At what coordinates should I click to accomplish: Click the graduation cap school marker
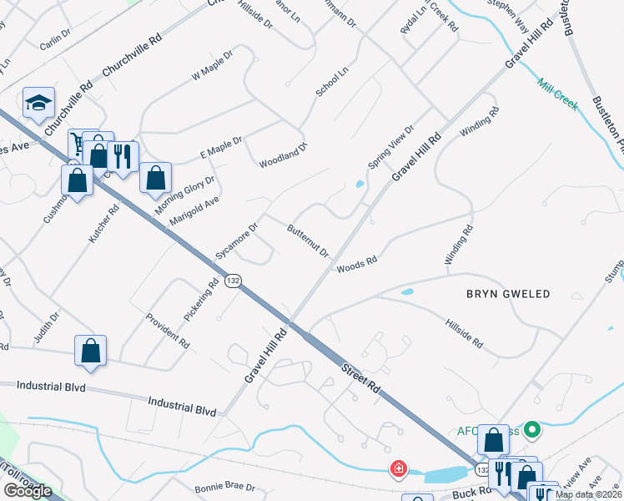[x=38, y=103]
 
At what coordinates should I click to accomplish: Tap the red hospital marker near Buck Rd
[x=399, y=470]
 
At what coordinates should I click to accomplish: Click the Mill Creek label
[x=558, y=94]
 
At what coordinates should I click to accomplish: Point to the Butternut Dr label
[x=309, y=240]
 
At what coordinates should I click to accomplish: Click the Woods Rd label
[x=357, y=264]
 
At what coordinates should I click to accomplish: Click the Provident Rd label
[x=168, y=330]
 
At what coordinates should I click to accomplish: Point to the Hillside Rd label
[x=464, y=332]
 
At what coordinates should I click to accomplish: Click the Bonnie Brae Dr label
[x=224, y=487]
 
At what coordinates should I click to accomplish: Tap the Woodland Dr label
[x=283, y=156]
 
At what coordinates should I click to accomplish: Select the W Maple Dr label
[x=212, y=64]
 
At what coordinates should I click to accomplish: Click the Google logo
[x=27, y=491]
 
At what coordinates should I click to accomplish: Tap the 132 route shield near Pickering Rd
[x=233, y=281]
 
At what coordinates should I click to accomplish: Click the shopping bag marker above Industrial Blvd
[x=91, y=352]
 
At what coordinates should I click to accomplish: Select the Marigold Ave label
[x=194, y=210]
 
